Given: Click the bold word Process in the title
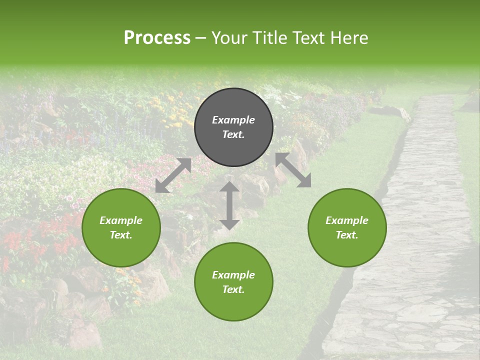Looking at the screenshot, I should tap(157, 38).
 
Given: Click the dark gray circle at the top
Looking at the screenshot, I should tap(233, 127).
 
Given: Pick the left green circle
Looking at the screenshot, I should tap(121, 227).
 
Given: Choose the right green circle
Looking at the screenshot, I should tap(347, 227).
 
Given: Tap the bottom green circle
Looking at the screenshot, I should tap(233, 282).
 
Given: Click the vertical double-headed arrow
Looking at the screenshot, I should tap(229, 205).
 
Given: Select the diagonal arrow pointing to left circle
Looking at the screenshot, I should tap(173, 175).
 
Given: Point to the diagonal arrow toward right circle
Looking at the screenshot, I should tap(293, 170).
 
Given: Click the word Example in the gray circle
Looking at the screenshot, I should tap(233, 120).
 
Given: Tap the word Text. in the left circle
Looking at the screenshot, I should tap(121, 235).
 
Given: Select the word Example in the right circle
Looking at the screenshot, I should tap(347, 220).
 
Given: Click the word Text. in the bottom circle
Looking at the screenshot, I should tap(233, 289).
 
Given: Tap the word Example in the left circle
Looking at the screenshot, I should tap(121, 220).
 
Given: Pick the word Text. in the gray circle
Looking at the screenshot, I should tap(233, 134).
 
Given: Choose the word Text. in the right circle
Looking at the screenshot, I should tap(347, 235).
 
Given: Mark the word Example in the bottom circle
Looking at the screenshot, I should tap(233, 275).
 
